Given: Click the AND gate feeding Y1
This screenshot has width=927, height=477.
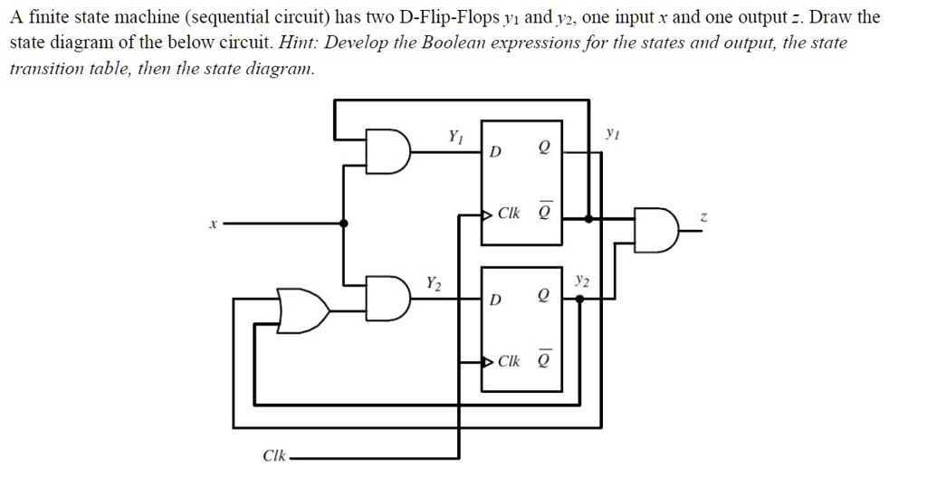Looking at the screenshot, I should (388, 150).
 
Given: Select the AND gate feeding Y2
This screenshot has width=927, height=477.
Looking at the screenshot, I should (388, 295).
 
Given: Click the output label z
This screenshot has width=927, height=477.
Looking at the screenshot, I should (703, 219).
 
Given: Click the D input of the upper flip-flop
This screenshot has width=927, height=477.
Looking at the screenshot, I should (493, 151).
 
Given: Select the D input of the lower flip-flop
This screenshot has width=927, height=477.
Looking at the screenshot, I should (493, 300).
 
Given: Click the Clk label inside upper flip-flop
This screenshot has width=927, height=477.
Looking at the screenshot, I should (509, 215).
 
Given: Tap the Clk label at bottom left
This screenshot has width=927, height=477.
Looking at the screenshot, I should (273, 456).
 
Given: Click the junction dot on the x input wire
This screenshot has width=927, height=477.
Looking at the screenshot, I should (344, 223).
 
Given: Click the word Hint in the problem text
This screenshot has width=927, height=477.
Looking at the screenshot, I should (299, 43).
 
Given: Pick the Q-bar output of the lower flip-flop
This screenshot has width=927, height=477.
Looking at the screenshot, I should (542, 360).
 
